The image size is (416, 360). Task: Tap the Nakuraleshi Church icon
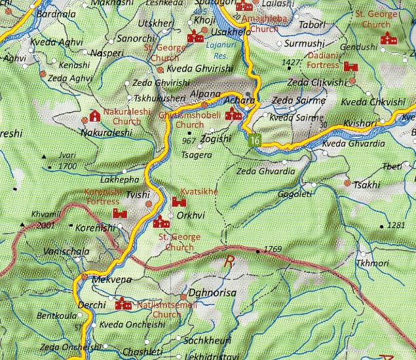95,117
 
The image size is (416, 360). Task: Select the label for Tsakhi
366,185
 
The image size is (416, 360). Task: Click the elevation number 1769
273,249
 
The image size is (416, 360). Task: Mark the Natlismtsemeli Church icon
122,305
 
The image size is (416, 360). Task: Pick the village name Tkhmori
371,263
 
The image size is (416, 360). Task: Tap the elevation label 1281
396,225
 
